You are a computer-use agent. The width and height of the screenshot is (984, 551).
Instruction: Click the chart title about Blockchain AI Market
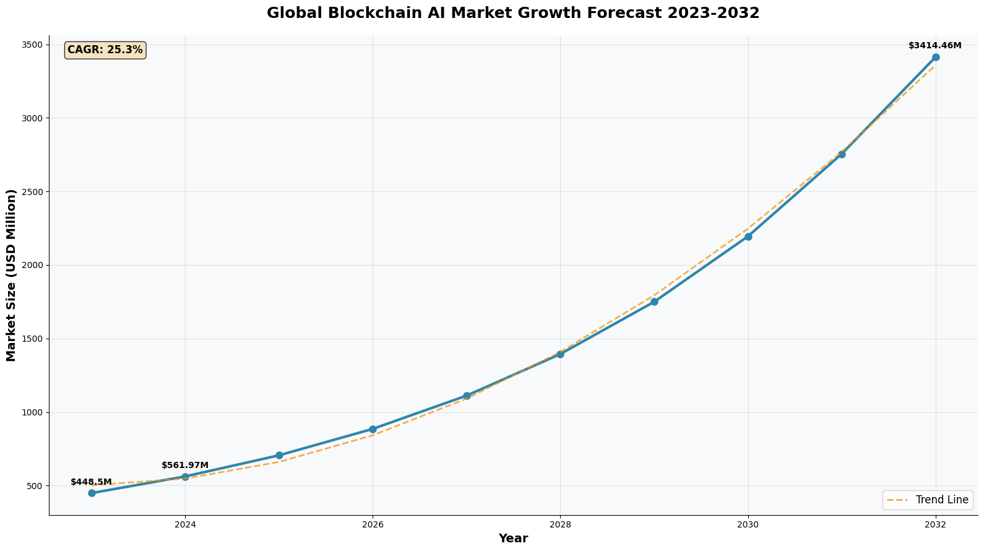point(513,13)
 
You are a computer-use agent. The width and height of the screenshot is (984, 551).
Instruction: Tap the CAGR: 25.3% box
point(105,50)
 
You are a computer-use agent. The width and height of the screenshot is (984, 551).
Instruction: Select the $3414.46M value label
point(934,46)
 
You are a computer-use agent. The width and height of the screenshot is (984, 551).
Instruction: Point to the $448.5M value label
point(91,482)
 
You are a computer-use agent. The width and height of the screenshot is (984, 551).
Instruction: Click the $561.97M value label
point(185,466)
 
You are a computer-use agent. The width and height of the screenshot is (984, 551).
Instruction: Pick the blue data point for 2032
point(936,58)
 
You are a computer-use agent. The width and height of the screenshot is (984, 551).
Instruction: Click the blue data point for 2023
point(92,493)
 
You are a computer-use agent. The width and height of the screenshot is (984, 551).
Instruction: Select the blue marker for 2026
point(373,429)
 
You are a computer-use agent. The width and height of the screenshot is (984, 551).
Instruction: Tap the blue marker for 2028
point(560,354)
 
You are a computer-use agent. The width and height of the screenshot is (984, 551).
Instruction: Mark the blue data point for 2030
point(748,236)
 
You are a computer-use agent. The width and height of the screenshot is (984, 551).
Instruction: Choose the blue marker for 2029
point(654,302)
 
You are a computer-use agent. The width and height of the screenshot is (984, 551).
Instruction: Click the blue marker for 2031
point(842,154)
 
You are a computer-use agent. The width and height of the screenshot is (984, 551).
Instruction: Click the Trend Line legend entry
point(928,500)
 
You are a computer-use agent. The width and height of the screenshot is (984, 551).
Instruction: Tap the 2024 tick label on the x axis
point(185,524)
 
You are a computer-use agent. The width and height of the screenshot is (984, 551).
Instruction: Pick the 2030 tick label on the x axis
point(748,524)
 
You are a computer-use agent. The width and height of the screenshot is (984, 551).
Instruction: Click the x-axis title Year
point(513,539)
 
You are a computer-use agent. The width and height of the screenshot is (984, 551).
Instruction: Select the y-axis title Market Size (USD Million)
point(11,275)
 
